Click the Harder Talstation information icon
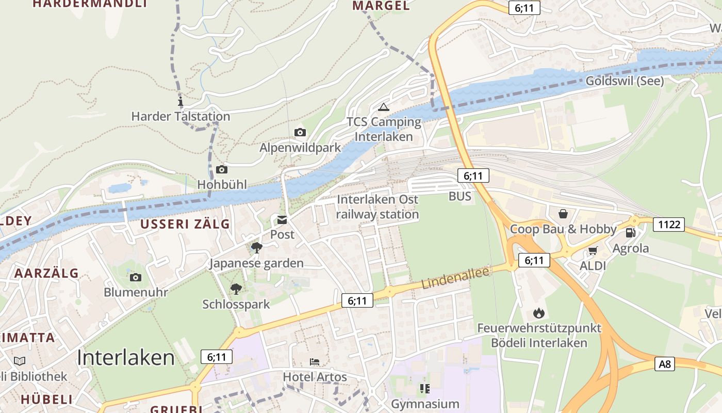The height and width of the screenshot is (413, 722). click(180, 101)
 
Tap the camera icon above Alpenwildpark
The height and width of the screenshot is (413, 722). click(300, 133)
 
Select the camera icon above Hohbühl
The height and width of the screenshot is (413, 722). click(222, 169)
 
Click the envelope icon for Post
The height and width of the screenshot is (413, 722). click(282, 220)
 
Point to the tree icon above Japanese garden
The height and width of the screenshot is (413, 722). click(256, 248)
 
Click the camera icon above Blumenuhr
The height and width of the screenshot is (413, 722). click(136, 278)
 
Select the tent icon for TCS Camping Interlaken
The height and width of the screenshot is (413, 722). click(383, 107)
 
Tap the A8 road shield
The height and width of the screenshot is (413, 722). click(665, 364)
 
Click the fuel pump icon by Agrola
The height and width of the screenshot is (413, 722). click(630, 232)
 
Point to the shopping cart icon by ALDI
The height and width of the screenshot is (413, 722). click(593, 251)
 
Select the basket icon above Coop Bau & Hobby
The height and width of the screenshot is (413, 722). click(563, 213)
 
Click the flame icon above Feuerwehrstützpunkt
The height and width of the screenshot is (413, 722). click(539, 313)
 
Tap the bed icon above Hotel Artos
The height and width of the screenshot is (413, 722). click(315, 362)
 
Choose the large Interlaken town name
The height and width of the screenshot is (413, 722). click(126, 357)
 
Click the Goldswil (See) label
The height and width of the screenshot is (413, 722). click(625, 81)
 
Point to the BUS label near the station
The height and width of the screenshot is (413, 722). click(460, 196)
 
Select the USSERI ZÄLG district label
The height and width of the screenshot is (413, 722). click(185, 224)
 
